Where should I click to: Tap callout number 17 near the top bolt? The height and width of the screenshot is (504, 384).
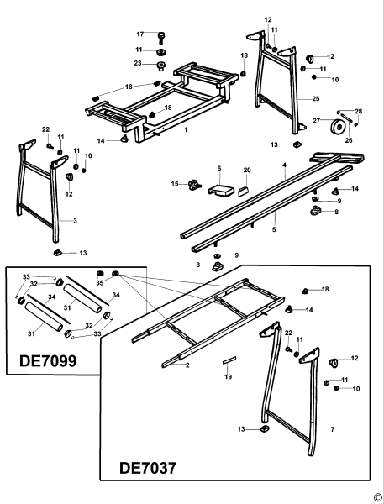(141, 34)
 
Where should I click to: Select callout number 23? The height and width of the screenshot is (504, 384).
(137, 63)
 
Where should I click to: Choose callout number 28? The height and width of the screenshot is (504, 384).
(359, 111)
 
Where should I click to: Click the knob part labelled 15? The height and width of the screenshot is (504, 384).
(197, 184)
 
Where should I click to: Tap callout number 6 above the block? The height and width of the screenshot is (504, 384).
(218, 169)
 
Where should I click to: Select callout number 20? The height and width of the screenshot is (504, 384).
(247, 170)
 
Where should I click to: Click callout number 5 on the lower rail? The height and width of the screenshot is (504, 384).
(275, 228)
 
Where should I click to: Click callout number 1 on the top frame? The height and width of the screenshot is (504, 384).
(186, 129)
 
